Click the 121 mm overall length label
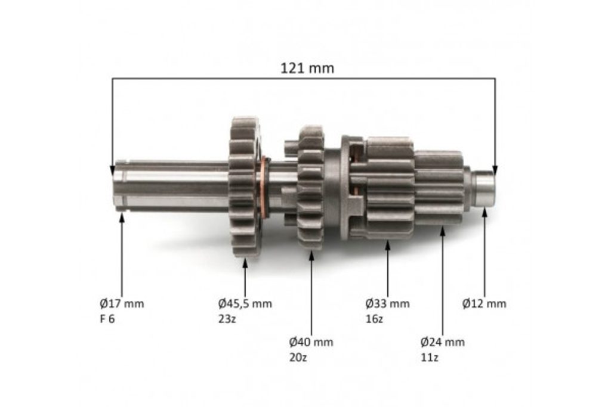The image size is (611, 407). point(307,69)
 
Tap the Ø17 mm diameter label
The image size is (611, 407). point(122,303)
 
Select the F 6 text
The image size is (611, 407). point(107,319)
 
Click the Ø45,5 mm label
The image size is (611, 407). point(245,303)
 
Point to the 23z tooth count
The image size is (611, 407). point(227,319)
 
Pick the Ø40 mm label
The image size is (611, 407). point(311,343)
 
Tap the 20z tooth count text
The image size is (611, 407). point(298,358)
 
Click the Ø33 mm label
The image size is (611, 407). point(387,303)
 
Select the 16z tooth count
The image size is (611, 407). point(374,319)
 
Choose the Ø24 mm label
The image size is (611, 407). point(442,343)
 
